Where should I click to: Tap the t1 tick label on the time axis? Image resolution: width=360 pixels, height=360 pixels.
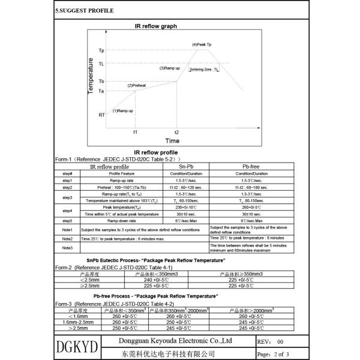pos(135,131)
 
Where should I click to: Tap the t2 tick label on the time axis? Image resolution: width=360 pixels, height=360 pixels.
pos(176,131)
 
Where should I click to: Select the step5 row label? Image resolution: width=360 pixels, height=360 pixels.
pos(67,220)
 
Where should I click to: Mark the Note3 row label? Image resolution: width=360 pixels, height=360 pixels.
pos(67,247)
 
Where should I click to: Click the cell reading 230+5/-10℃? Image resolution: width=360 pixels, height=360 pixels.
pos(185,206)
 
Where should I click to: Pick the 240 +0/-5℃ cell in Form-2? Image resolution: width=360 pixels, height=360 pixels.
pos(158,280)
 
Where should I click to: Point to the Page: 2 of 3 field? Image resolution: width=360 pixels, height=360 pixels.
pos(273,355)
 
